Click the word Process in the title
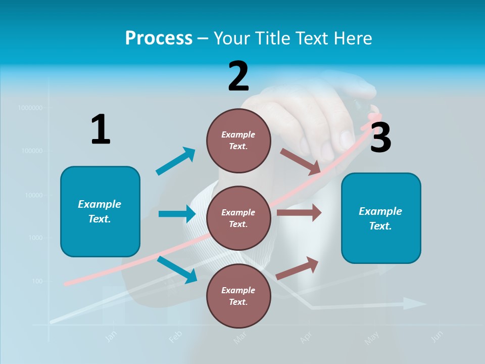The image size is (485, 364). click(159, 38)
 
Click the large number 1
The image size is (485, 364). click(101, 129)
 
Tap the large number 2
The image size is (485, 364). click(238, 76)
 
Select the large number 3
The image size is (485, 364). click(380, 138)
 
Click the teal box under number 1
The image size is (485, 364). click(100, 211)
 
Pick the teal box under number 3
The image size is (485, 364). click(381, 218)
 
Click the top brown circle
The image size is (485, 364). click(238, 140)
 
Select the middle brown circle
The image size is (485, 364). click(238, 218)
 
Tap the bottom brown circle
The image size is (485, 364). click(238, 296)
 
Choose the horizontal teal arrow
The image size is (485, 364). click(177, 214)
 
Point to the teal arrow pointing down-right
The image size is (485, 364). click(177, 269)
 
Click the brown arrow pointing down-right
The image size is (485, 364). click(301, 161)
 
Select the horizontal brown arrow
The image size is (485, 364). click(299, 213)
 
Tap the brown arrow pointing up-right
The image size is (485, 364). click(298, 268)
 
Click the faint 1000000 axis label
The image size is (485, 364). click(30, 108)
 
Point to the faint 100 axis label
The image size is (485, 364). click(37, 281)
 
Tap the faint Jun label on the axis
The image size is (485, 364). click(438, 336)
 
